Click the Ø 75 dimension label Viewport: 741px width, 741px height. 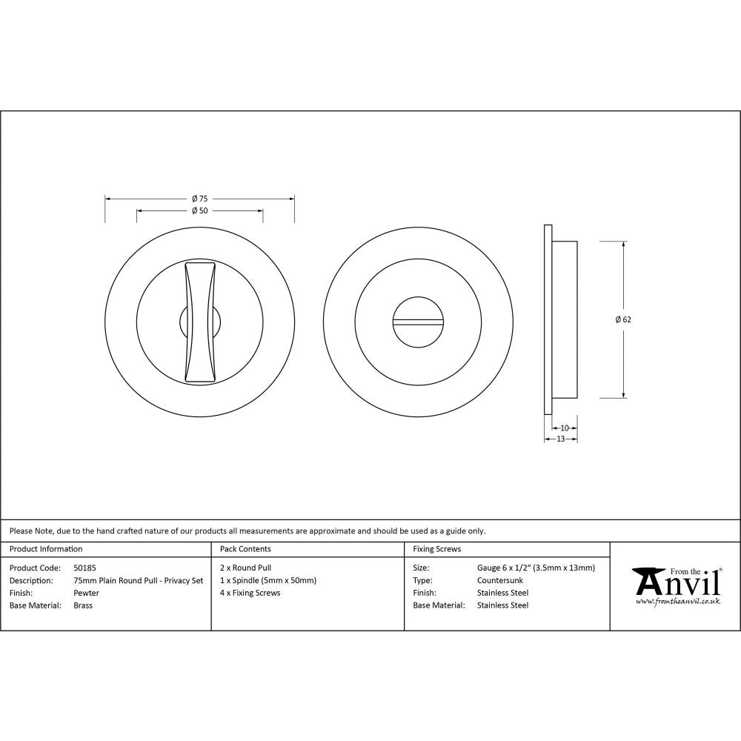[199, 199]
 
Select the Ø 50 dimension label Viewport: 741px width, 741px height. [199, 210]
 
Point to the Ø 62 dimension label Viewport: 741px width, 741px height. [622, 319]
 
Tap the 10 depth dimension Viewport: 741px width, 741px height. [565, 428]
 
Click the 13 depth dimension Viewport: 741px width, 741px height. [560, 439]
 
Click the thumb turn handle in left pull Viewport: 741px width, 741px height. [200, 322]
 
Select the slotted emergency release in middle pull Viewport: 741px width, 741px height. [418, 322]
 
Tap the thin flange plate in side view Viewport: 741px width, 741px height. [548, 319]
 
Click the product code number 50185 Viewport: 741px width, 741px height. [85, 568]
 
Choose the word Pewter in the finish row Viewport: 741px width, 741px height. [87, 593]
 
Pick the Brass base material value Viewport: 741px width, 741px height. [83, 605]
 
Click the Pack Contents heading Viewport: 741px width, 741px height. [245, 549]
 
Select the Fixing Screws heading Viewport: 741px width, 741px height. [436, 549]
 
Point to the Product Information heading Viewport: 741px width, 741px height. [46, 549]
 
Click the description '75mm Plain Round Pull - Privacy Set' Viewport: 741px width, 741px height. [139, 580]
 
